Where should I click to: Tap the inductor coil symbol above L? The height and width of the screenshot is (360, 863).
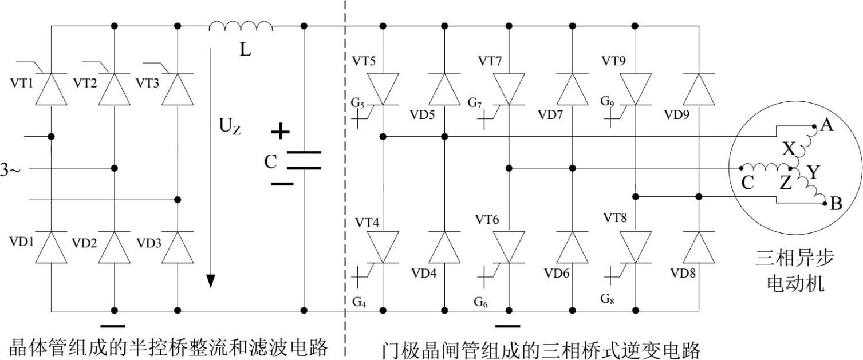click(x=241, y=26)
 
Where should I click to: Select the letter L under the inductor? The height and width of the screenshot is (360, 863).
click(x=245, y=50)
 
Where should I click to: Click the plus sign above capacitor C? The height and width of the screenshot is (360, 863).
click(x=280, y=132)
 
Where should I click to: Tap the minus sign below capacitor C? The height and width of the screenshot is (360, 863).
click(x=281, y=184)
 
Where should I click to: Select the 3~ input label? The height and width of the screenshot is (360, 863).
click(x=11, y=169)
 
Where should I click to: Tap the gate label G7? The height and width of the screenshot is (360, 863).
click(x=475, y=103)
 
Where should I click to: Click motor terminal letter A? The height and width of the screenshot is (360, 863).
click(x=826, y=124)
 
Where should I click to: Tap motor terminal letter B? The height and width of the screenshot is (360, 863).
click(x=836, y=204)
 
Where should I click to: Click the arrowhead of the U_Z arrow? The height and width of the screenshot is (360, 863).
click(x=211, y=280)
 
